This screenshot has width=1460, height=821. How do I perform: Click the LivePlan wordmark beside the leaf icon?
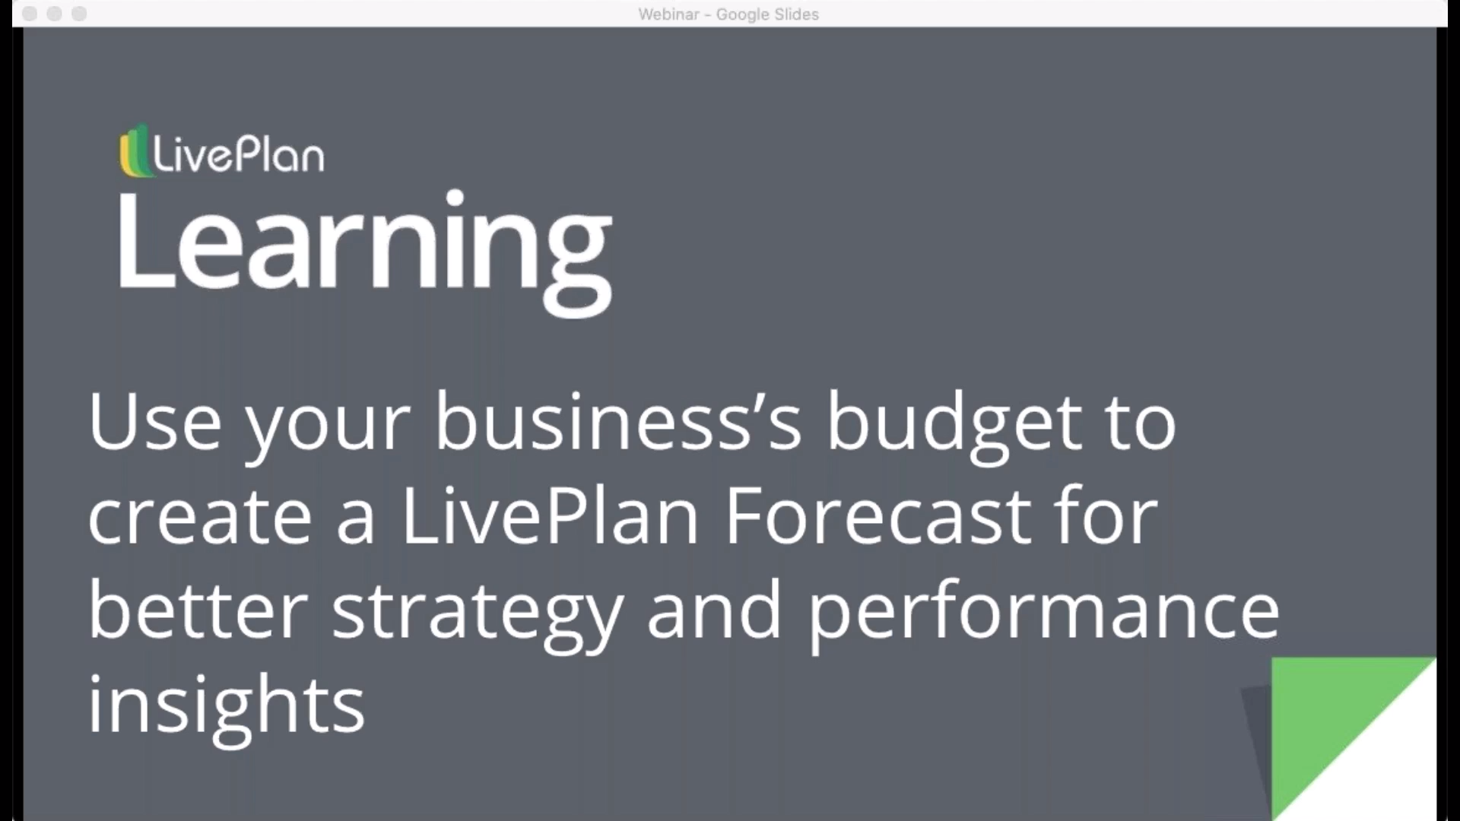[x=239, y=155]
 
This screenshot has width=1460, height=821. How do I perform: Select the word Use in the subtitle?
[x=154, y=422]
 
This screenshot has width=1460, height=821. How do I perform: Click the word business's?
[x=617, y=422]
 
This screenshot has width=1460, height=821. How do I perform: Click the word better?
[x=198, y=610]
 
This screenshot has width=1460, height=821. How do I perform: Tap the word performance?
[x=1043, y=613]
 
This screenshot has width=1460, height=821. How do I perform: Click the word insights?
[x=226, y=705]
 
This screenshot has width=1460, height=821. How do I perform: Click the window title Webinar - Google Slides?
[x=728, y=14]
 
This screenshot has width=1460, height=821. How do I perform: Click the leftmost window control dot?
[x=30, y=14]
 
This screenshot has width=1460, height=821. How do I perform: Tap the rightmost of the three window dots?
[x=79, y=14]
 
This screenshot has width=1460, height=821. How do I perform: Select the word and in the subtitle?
[x=713, y=610]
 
